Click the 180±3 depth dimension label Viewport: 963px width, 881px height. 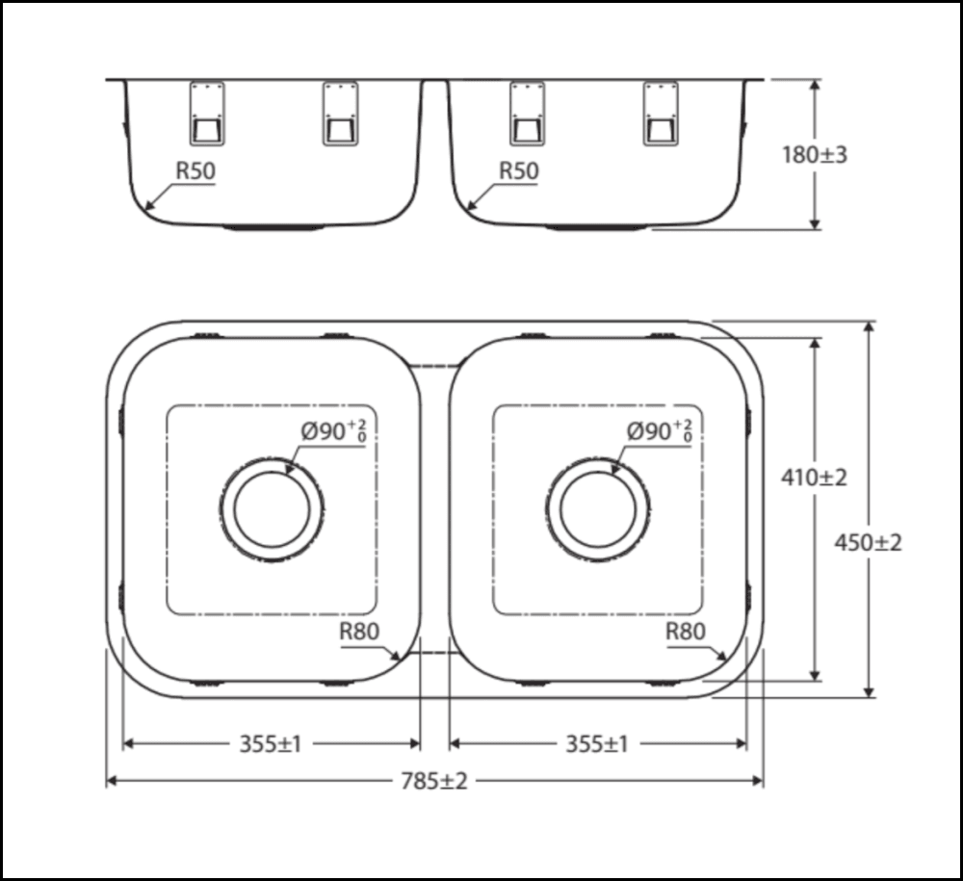[x=815, y=154]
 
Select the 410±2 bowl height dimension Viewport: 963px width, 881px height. [x=815, y=477]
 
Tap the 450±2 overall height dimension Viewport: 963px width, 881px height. [x=869, y=542]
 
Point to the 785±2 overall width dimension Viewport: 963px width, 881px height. [x=434, y=781]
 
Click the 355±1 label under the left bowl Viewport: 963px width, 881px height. [x=271, y=743]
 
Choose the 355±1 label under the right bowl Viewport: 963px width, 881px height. [x=596, y=743]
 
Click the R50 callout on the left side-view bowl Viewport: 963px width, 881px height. [x=195, y=170]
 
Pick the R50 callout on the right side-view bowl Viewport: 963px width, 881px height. [x=518, y=170]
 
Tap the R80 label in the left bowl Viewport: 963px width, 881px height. [x=359, y=632]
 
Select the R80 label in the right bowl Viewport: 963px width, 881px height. [x=685, y=632]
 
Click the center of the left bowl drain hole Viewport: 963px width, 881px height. [x=272, y=509]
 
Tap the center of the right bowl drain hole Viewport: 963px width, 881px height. [x=597, y=509]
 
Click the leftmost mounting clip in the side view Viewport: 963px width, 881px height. [x=207, y=114]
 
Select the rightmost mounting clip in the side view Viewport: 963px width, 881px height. [x=660, y=114]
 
